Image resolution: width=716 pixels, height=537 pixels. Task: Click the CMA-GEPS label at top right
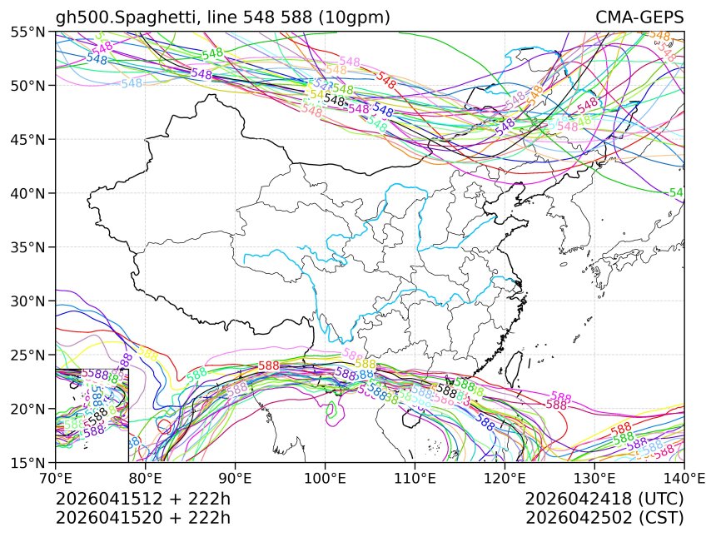639,17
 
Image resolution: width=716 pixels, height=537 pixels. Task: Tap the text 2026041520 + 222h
142,518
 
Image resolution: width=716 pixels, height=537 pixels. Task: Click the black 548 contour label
335,100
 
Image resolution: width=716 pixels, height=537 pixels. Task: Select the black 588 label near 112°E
447,390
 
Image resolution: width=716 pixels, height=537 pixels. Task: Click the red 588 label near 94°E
268,365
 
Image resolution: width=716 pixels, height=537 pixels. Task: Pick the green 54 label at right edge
676,192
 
